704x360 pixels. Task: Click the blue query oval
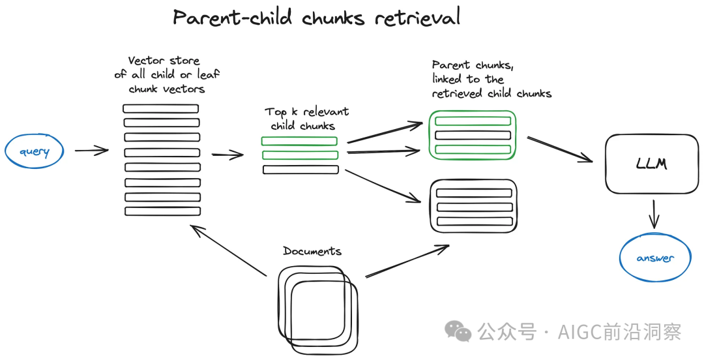pyautogui.click(x=35, y=152)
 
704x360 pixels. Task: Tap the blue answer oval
pyautogui.click(x=654, y=258)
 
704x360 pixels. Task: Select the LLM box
pyautogui.click(x=651, y=164)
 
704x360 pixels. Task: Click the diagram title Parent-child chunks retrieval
pyautogui.click(x=317, y=17)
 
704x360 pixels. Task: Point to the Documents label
pyautogui.click(x=312, y=251)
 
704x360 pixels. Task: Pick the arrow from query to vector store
pyautogui.click(x=91, y=151)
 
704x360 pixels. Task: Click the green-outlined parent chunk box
pyautogui.click(x=473, y=135)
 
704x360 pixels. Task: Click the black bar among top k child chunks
pyautogui.click(x=301, y=170)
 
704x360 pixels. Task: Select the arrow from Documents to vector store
pyautogui.click(x=227, y=250)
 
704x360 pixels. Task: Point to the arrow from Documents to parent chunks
pyautogui.click(x=407, y=261)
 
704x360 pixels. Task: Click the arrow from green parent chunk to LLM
pyautogui.click(x=559, y=150)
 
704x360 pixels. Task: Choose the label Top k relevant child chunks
pyautogui.click(x=306, y=119)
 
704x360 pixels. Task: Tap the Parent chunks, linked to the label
pyautogui.click(x=491, y=79)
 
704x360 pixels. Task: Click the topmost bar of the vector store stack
pyautogui.click(x=161, y=109)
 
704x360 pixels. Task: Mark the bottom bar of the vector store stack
pyautogui.click(x=162, y=211)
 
